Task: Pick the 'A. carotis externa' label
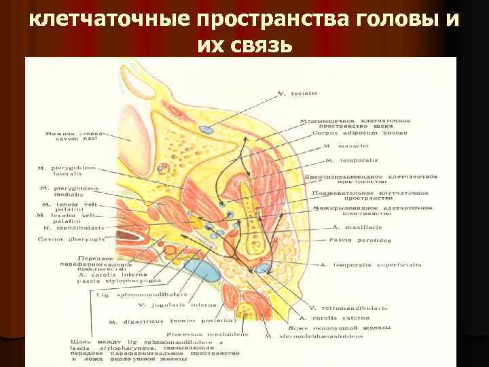point(337,317)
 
